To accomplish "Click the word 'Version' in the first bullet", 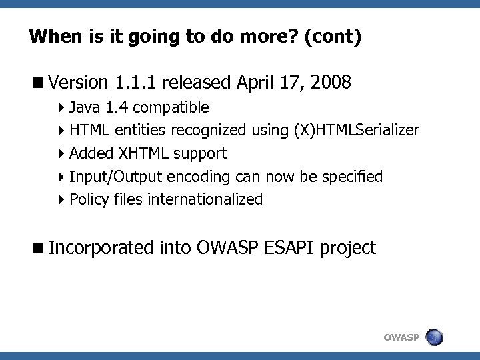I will point(78,83).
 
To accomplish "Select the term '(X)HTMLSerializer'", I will point(356,130).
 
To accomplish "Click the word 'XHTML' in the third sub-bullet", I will point(143,153).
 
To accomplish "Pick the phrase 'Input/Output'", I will point(116,177).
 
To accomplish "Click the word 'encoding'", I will point(199,177).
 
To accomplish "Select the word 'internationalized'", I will point(207,199).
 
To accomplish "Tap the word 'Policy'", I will point(89,199).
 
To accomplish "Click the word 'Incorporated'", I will point(101,249).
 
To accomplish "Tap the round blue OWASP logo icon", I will point(434,337).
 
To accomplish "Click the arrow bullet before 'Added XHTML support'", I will point(61,154).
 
